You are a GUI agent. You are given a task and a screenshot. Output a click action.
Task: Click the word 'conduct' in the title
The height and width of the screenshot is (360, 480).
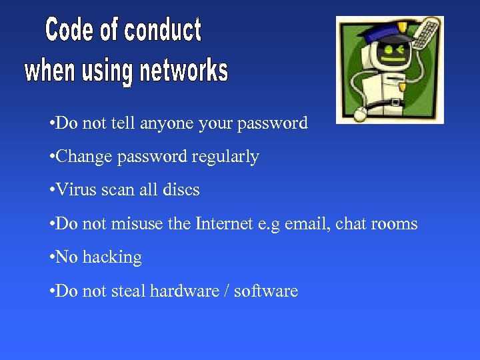click(163, 31)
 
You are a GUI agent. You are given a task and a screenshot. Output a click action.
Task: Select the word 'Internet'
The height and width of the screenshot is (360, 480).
click(226, 223)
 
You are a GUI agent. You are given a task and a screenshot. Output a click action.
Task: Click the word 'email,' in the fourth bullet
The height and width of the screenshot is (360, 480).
click(305, 223)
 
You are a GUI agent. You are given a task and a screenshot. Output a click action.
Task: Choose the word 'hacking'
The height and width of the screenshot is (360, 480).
click(112, 257)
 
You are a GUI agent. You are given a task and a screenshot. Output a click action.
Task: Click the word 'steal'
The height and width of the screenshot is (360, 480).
click(128, 291)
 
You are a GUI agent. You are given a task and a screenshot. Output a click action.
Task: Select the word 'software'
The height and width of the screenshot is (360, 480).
click(269, 291)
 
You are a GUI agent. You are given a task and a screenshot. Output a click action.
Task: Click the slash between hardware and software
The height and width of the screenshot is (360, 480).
click(229, 291)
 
